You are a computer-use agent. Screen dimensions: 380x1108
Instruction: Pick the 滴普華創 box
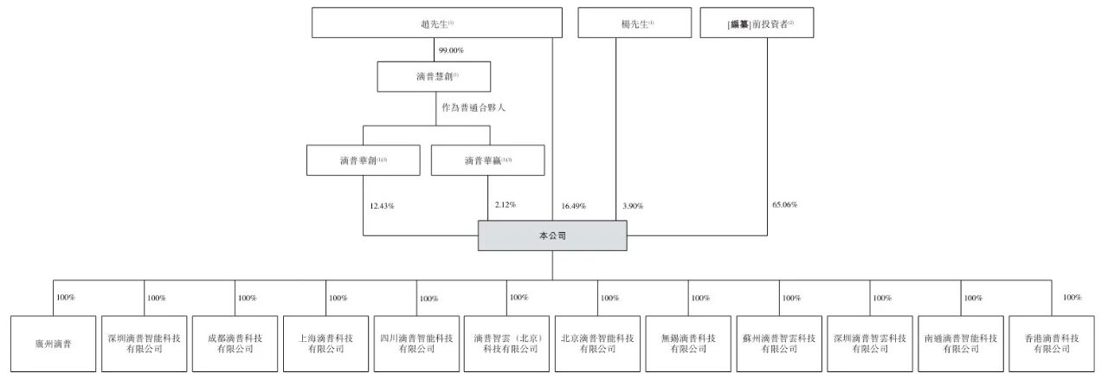pos(363,160)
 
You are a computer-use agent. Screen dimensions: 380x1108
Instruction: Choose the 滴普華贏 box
pos(487,160)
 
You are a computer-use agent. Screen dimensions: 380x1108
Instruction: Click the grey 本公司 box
pos(551,235)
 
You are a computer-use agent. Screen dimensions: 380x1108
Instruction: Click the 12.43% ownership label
pos(383,205)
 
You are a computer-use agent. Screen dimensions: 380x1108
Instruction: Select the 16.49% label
pos(573,206)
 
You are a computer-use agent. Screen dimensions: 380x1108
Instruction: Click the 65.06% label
pos(783,205)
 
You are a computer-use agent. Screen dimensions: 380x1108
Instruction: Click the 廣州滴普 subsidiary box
pos(52,345)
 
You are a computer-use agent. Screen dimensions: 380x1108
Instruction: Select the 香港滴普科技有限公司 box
pos(1053,345)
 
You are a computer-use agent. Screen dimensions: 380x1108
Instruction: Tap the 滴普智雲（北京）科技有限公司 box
pos(506,345)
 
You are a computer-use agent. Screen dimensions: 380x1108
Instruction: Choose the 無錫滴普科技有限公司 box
pos(688,345)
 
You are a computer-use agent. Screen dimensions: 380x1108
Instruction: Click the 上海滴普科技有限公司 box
pos(325,345)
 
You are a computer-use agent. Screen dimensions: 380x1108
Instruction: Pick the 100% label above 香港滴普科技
pos(1072,297)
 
